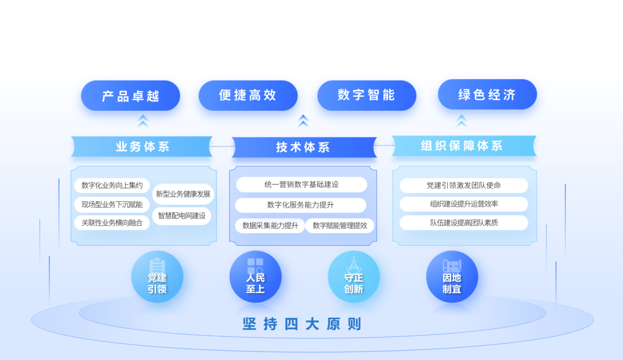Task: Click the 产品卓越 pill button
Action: (130, 96)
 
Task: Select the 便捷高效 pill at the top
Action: (248, 95)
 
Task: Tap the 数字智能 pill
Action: (366, 95)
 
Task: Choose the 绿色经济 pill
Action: (487, 95)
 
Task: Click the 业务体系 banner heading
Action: (142, 147)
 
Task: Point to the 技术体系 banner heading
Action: (303, 147)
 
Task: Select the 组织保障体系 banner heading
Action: (462, 146)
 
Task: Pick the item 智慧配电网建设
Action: (182, 216)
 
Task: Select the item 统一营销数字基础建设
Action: (302, 185)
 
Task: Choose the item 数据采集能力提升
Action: (270, 226)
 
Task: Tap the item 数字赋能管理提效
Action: (340, 226)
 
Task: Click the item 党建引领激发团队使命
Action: (463, 185)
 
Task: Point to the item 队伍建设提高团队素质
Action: (463, 223)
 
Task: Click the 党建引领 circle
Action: (157, 277)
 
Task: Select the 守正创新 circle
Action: (354, 277)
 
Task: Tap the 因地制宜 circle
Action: (452, 277)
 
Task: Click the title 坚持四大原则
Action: (302, 324)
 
